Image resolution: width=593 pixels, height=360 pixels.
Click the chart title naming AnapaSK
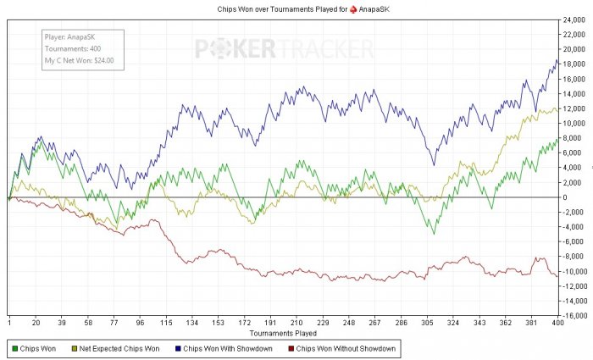tap(296, 8)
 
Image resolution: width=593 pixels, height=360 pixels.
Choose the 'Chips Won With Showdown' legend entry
tap(221, 348)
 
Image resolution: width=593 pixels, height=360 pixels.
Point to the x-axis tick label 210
tap(296, 323)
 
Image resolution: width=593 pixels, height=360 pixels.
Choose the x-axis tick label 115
tap(166, 323)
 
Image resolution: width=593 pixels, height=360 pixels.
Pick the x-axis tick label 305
tap(428, 323)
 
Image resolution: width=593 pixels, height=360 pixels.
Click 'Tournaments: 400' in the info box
tap(73, 49)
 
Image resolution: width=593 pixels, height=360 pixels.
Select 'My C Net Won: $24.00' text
tap(80, 61)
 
